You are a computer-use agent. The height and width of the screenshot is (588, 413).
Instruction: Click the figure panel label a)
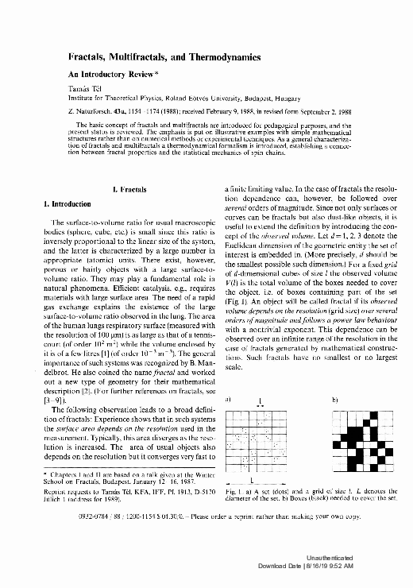(229, 398)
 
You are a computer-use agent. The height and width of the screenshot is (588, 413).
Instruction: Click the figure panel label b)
(335, 398)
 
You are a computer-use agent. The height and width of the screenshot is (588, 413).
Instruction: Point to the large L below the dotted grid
(253, 482)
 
